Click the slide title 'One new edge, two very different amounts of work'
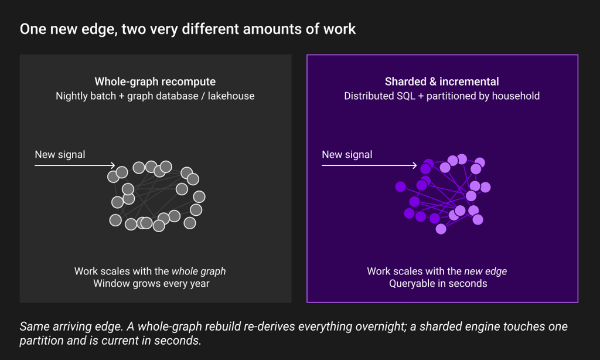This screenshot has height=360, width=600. pos(187,29)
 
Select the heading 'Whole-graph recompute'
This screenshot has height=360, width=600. pos(155,81)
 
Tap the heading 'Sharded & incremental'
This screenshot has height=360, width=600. pos(442,81)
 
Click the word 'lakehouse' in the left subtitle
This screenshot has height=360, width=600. pos(231,96)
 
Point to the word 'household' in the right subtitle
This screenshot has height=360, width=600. pos(516,96)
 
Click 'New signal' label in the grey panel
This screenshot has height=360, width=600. pos(60,155)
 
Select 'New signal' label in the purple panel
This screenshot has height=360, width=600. pos(347,155)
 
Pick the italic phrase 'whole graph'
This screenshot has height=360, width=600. pos(199,271)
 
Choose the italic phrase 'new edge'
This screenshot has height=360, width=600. pos(486,271)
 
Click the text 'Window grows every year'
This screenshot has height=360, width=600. pos(152,284)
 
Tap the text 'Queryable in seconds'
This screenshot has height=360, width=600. pos(438,284)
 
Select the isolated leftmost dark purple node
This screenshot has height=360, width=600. pos(401,186)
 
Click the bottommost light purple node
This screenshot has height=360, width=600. pos(441,229)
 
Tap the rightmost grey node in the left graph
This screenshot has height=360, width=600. pos(199,197)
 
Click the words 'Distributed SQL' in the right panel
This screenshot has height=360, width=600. pos(380,96)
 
